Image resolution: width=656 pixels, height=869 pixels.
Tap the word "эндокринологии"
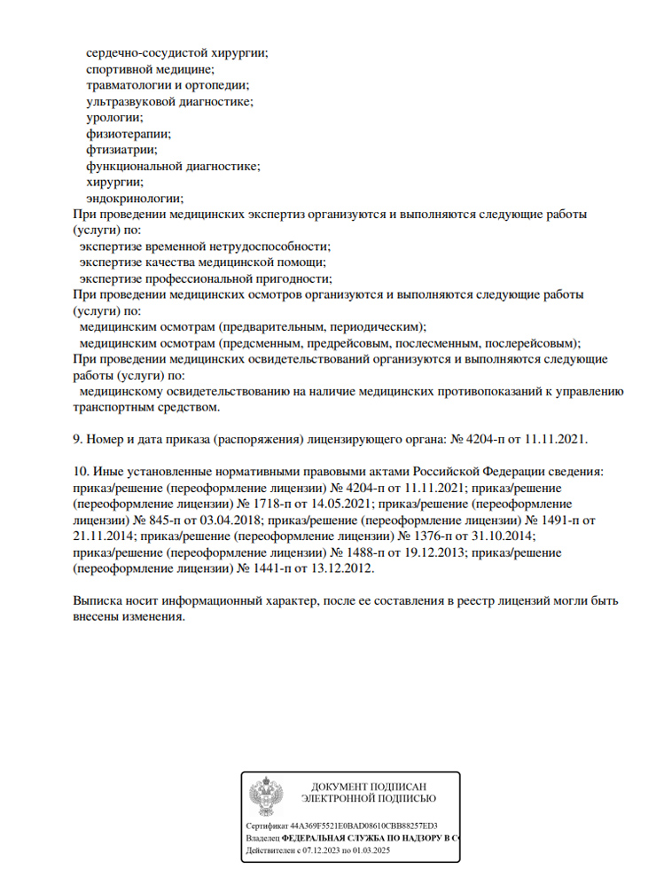135,198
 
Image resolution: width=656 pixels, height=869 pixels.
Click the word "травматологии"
129,85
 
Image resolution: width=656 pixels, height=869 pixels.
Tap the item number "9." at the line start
77,439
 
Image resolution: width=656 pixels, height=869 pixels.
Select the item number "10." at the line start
80,472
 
